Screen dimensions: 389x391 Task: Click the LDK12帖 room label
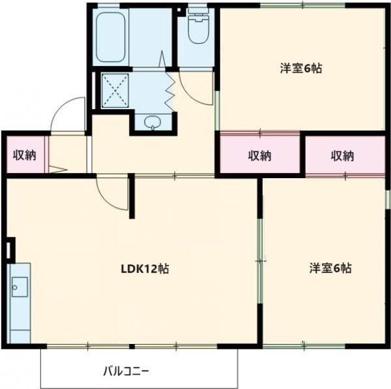point(145,268)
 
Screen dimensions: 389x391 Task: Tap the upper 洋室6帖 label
point(302,67)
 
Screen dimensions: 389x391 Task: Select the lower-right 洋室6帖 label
point(330,268)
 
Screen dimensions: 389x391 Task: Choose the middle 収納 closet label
point(260,156)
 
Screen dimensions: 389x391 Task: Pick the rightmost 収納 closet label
point(344,156)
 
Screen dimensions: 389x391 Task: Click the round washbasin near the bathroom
point(152,122)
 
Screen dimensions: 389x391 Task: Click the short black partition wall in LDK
point(132,196)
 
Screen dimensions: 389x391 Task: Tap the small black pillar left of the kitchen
point(9,249)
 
